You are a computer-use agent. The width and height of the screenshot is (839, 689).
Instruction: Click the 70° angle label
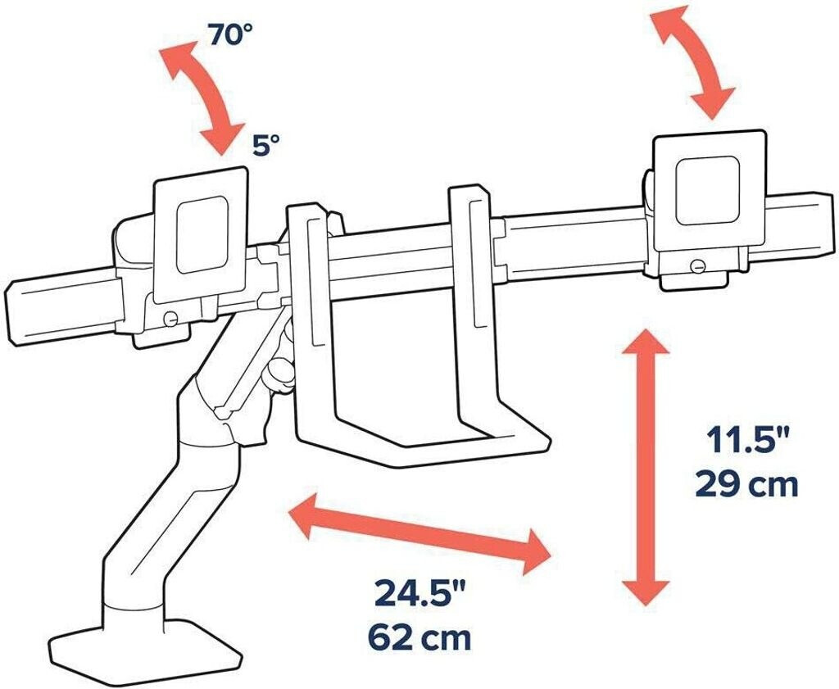click(x=230, y=35)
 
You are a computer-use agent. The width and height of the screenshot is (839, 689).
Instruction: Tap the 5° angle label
click(x=266, y=146)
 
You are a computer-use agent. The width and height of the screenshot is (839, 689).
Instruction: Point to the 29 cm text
click(x=747, y=485)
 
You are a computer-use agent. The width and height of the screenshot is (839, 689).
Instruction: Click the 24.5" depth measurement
click(x=419, y=595)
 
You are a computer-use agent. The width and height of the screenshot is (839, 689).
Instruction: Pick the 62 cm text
click(x=419, y=637)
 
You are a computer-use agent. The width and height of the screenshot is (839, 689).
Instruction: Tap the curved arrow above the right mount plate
click(x=692, y=61)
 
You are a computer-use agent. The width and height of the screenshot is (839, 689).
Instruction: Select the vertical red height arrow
click(x=646, y=467)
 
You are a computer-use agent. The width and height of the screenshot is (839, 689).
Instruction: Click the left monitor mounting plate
click(x=202, y=235)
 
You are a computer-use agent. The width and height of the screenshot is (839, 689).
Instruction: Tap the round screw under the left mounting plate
click(x=170, y=319)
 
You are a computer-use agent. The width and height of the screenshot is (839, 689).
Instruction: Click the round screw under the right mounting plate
click(x=697, y=266)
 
